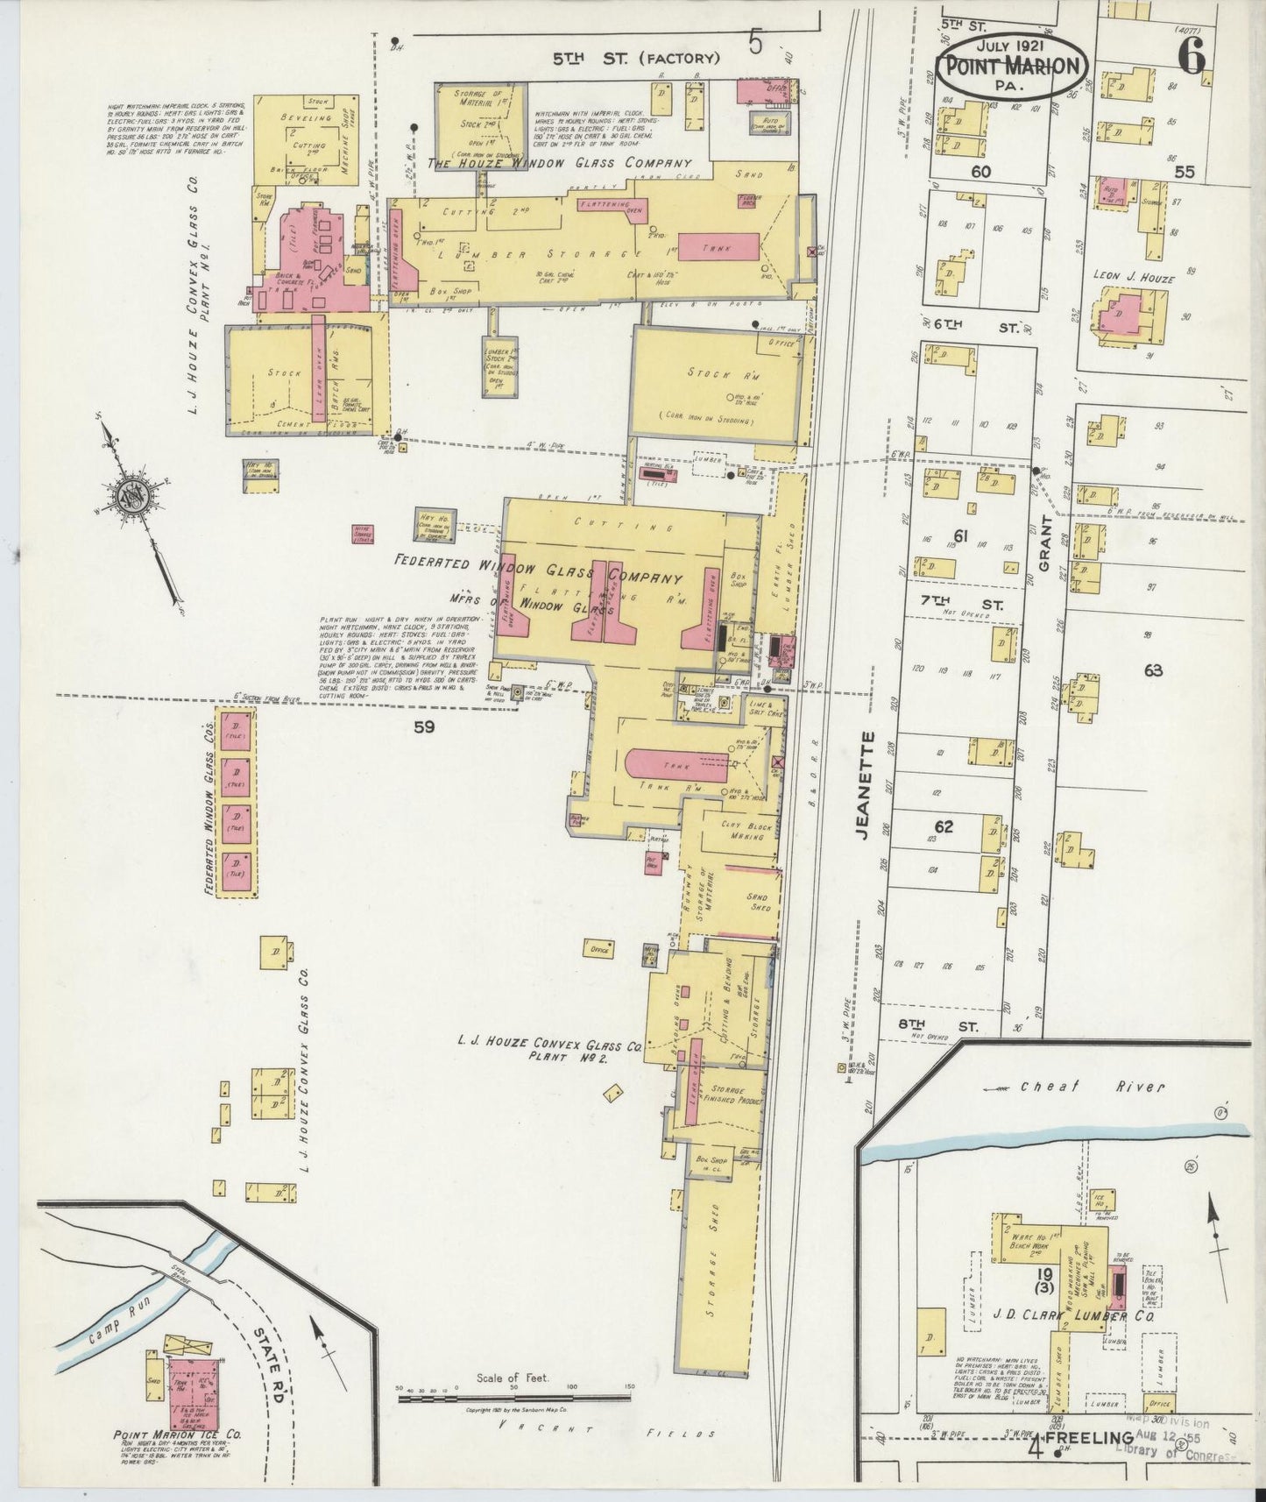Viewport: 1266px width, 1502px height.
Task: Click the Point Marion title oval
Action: coord(1014,65)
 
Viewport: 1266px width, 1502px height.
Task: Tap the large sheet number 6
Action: coord(1192,57)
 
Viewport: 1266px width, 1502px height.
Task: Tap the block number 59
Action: coord(424,726)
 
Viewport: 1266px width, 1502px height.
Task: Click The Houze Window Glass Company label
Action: coord(559,164)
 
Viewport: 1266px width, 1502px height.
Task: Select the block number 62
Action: coord(943,826)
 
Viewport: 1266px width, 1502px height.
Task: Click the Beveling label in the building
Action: coord(306,117)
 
